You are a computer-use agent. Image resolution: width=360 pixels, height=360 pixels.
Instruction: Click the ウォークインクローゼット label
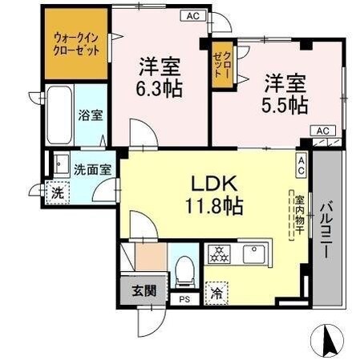point(77,42)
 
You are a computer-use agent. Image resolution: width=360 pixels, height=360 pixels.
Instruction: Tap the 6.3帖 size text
point(159,87)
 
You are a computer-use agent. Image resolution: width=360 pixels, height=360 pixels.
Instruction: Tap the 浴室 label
point(89,115)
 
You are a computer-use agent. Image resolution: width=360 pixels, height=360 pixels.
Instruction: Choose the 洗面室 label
point(92,169)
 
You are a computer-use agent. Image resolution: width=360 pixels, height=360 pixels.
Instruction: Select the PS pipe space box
point(185,301)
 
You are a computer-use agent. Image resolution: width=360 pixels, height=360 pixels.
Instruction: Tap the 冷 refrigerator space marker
point(216,293)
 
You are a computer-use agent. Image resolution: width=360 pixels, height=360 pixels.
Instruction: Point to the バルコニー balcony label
point(326,229)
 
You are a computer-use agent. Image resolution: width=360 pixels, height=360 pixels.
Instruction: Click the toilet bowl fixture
point(184,271)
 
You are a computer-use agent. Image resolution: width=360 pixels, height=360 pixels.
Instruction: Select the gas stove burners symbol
point(217,255)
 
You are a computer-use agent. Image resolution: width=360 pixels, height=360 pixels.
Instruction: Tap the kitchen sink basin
point(254,254)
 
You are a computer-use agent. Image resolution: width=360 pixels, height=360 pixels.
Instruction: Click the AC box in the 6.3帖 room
point(192,15)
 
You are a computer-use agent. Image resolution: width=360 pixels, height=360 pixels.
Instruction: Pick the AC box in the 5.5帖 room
point(322,130)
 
